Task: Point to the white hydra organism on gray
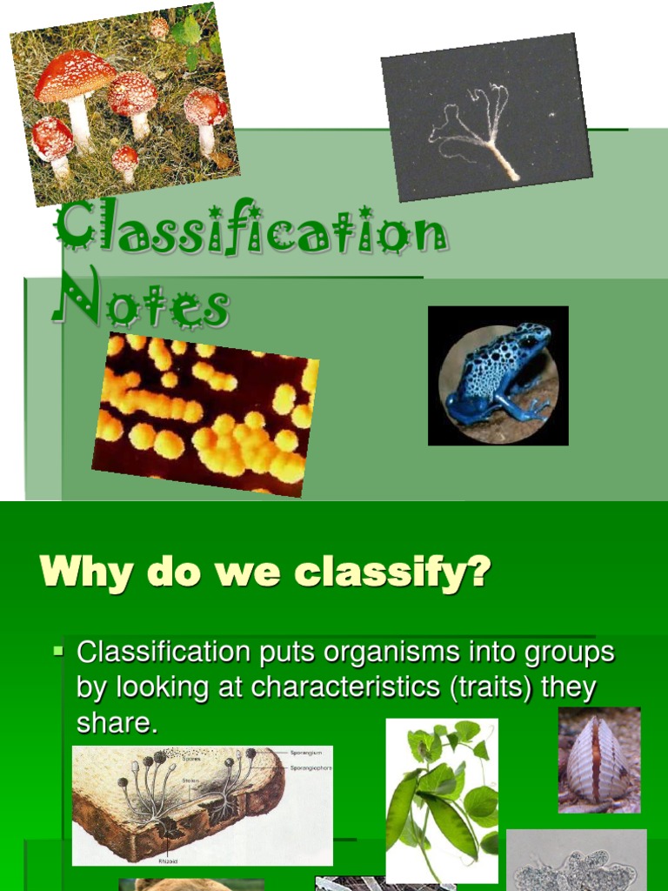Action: [x=474, y=131]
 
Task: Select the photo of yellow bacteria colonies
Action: [x=206, y=413]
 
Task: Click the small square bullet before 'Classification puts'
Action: [x=59, y=650]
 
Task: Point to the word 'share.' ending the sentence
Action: [x=117, y=723]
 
